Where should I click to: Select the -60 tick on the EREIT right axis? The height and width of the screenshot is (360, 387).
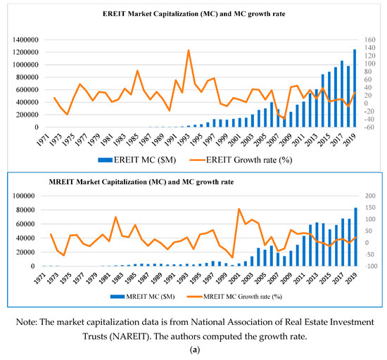(367, 128)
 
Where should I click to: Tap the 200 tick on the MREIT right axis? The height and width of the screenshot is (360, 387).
(368, 195)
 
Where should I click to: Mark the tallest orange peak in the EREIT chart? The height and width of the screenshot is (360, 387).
(188, 51)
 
